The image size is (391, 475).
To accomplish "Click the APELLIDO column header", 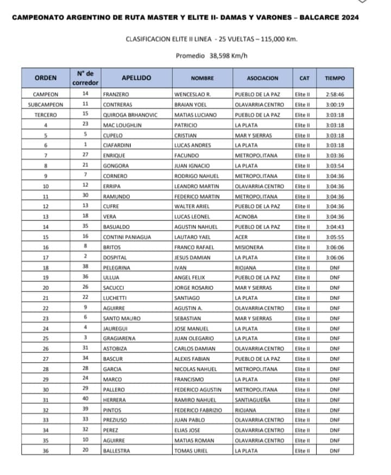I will pos(136,78).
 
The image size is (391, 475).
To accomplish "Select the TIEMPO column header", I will pos(335,78).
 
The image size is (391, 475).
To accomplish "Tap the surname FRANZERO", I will pos(116,94).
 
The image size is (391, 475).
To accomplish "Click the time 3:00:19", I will pos(335,105).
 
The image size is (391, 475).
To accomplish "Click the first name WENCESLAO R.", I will pos(192,94).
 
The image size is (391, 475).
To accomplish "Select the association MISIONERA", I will pos(249,247).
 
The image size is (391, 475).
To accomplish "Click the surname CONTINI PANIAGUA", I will pos(127,237).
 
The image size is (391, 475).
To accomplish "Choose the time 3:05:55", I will pos(335,237).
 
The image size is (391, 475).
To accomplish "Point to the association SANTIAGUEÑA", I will pos(253,400).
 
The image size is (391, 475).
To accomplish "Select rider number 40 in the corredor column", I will pos(85,400).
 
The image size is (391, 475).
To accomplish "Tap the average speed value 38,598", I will pos(221,55).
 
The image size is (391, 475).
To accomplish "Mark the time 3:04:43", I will pos(335,227).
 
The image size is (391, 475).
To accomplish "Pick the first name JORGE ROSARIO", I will pos(193,288).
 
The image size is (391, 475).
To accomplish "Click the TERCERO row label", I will pos(46,115).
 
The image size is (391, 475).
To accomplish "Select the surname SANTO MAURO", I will pos(122,319).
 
